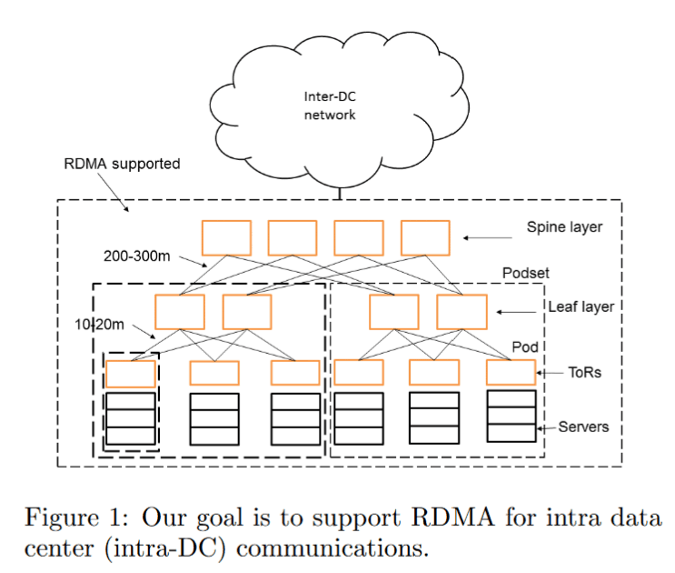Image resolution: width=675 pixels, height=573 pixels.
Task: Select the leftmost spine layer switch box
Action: coord(226,237)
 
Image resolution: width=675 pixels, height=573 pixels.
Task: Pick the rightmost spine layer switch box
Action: coord(425,237)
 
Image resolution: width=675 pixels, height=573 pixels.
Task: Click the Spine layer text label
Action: coord(564,227)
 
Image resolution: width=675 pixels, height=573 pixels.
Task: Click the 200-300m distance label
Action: coord(137,256)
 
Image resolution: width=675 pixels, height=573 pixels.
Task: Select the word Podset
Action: coord(525,274)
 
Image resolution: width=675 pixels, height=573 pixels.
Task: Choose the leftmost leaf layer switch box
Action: coord(179,312)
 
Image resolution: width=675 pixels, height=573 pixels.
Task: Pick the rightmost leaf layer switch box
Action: coord(462,312)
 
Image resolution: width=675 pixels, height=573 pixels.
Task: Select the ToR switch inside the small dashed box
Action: coord(131,374)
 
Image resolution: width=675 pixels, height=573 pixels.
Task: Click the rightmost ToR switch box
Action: coord(511,372)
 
